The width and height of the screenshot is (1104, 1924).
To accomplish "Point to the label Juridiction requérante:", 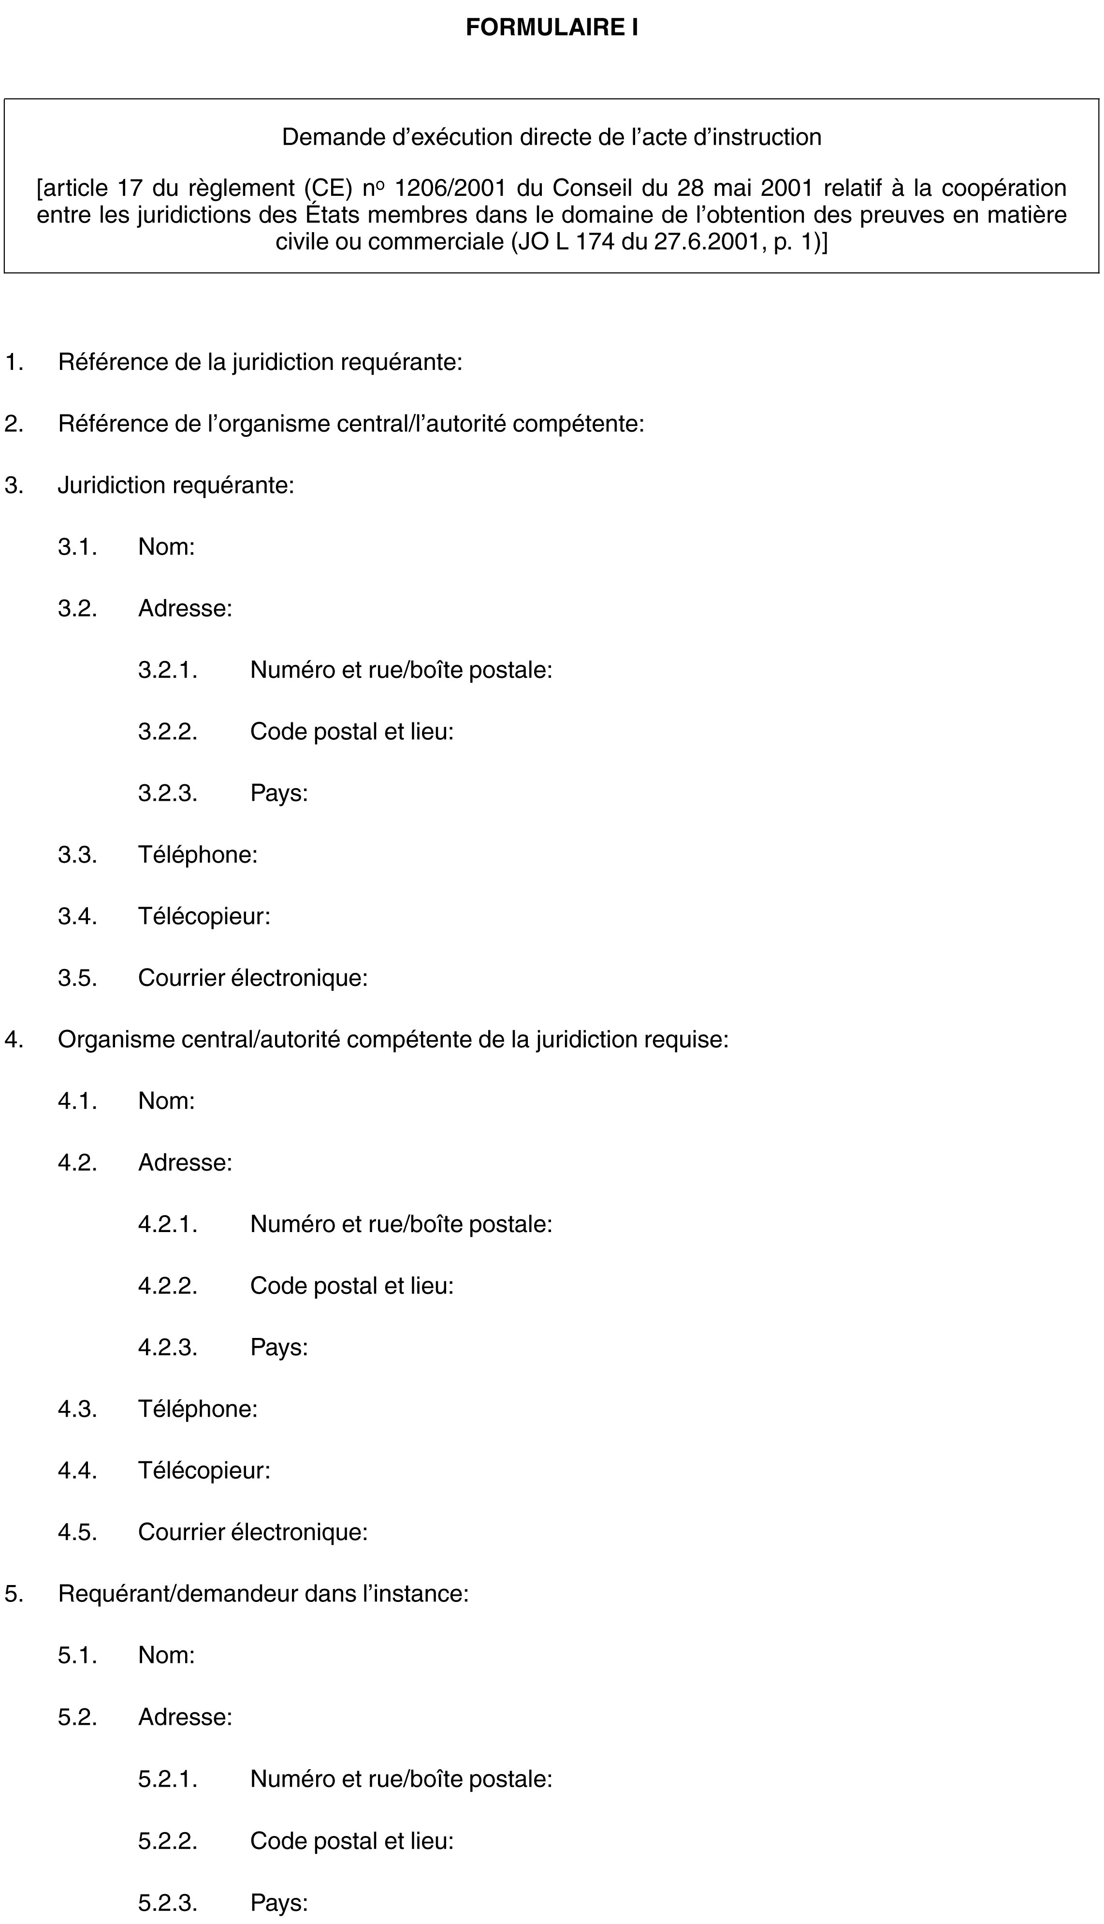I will pyautogui.click(x=176, y=485).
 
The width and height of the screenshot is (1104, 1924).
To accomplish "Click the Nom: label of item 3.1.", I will pyautogui.click(x=166, y=546).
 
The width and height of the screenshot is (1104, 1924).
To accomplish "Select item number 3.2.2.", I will pyautogui.click(x=168, y=731).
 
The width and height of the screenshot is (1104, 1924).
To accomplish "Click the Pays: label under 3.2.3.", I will pyautogui.click(x=278, y=793).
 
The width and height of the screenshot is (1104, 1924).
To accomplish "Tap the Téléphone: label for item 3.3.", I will pyautogui.click(x=197, y=855).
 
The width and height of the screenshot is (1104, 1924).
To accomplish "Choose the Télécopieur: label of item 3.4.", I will pyautogui.click(x=204, y=916).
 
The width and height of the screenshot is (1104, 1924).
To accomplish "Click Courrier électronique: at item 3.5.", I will pyautogui.click(x=252, y=978).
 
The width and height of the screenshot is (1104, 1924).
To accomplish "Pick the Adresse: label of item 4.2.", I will pyautogui.click(x=185, y=1162).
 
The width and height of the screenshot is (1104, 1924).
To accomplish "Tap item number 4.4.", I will pyautogui.click(x=77, y=1470).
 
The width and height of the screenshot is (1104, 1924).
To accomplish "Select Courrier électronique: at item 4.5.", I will pyautogui.click(x=252, y=1532).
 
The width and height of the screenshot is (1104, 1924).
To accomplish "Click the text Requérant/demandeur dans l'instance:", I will pyautogui.click(x=263, y=1593).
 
